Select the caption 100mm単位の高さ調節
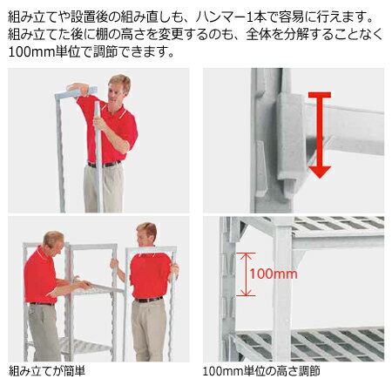(260, 371)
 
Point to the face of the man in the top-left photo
(118, 89)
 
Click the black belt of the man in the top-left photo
(104, 164)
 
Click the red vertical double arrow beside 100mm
(246, 274)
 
